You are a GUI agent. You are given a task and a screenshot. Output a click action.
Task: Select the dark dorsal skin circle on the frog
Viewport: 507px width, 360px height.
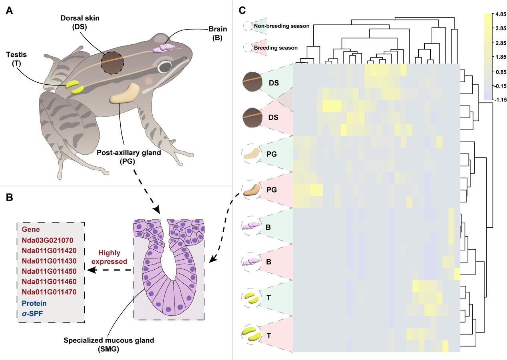pos(111,63)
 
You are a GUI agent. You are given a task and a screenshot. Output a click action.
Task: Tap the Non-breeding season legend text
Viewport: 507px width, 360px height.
pos(281,26)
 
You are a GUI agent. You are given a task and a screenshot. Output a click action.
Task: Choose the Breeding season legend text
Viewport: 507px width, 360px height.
pos(276,48)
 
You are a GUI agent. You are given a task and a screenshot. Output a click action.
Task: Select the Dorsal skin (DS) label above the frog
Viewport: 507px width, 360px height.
pos(80,22)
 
